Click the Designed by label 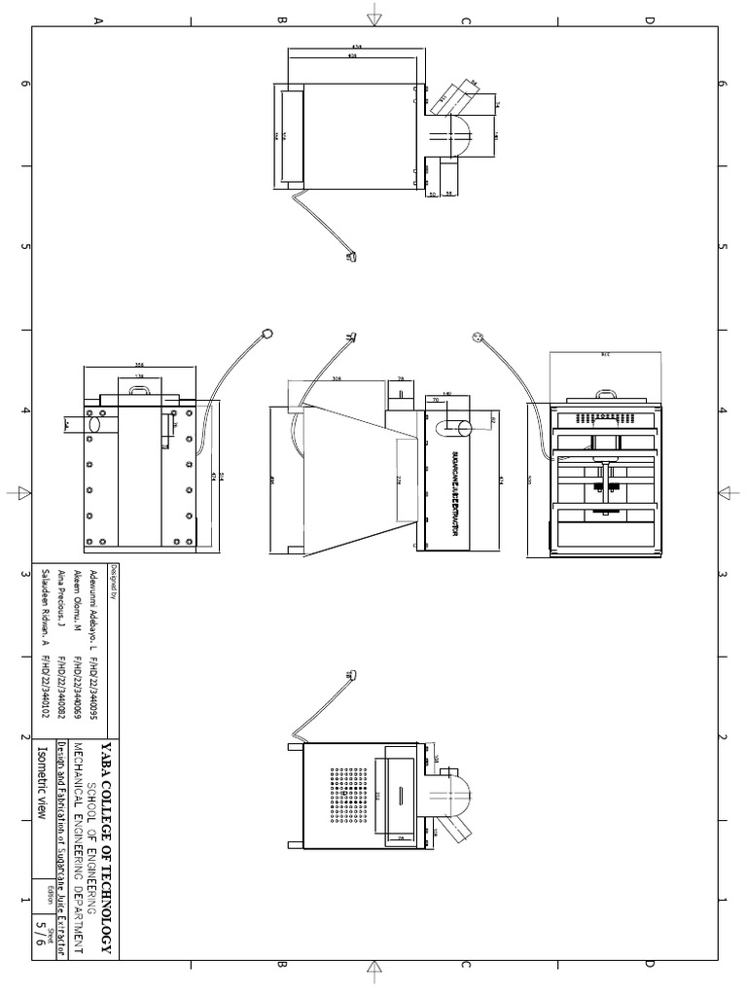113,582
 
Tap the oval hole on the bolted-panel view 94,425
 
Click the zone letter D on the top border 649,20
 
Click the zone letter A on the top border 97,20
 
